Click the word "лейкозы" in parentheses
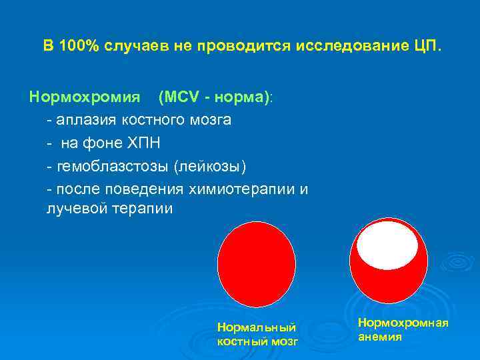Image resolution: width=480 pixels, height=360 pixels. (199, 164)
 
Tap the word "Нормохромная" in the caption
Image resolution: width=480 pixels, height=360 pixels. (403, 323)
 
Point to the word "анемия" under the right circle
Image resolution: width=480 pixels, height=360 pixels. (380, 337)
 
